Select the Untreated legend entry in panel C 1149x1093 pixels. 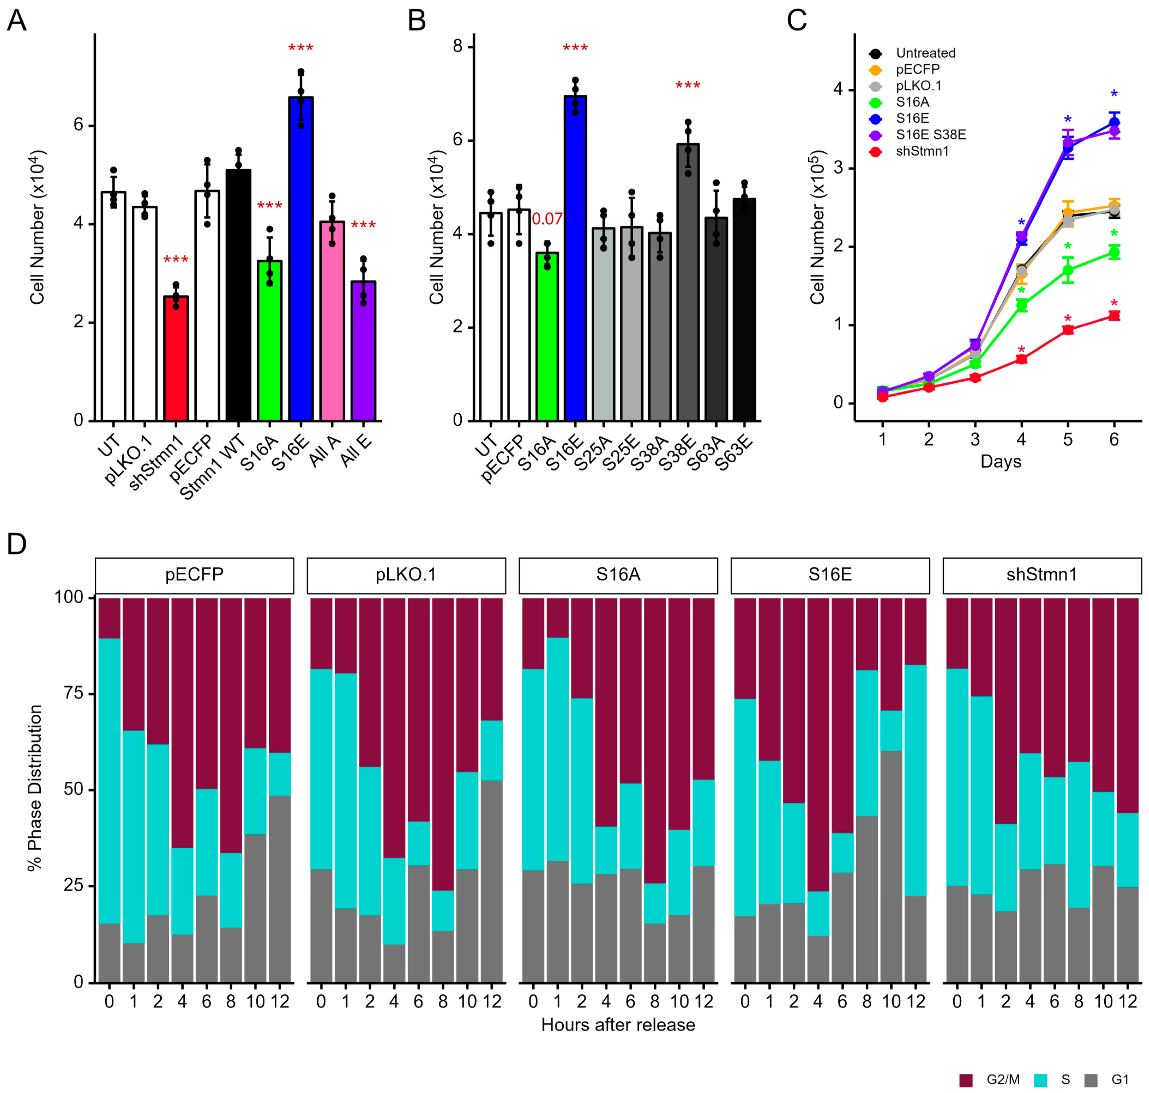tap(925, 53)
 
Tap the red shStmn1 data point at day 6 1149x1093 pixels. tap(1113, 316)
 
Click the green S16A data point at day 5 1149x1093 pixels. tap(1068, 270)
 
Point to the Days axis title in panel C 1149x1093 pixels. tap(1001, 461)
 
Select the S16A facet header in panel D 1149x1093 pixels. tap(618, 575)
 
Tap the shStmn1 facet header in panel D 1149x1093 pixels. tap(1042, 575)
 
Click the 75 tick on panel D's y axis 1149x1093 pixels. tap(71, 693)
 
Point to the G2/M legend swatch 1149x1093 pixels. tap(966, 1080)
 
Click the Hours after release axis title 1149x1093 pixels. tap(618, 1025)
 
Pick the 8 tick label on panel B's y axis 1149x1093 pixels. tap(458, 46)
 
